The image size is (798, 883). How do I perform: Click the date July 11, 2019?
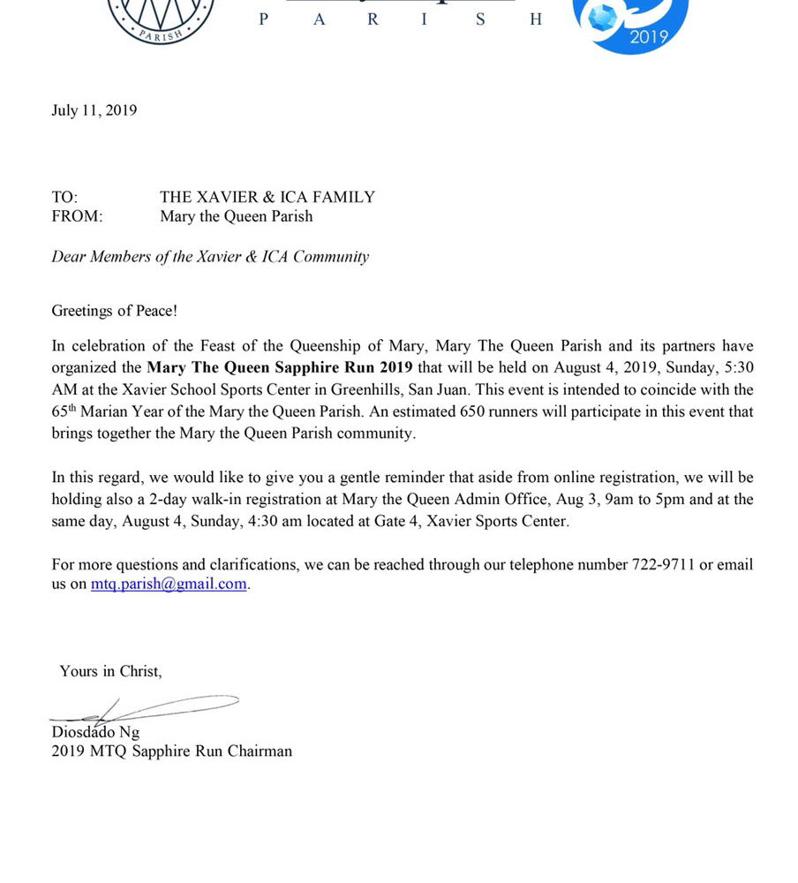pos(94,110)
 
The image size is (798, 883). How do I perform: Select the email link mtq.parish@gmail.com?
pos(169,584)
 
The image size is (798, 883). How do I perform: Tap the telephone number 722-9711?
pos(661,564)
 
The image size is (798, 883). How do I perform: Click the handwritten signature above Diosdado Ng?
pos(141,708)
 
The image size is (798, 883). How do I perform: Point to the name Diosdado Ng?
pos(95,732)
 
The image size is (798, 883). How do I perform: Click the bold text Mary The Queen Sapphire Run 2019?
pos(280,367)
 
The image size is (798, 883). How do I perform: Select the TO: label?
pos(64,197)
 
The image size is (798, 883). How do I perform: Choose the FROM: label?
pos(77,216)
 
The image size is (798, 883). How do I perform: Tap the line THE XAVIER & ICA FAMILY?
pos(267,197)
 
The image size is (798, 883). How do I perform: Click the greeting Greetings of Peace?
pos(115,311)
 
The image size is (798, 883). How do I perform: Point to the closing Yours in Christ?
pos(110,671)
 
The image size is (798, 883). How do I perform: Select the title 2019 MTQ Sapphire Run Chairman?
pos(171,751)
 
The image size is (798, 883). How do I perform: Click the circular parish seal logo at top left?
pos(161,18)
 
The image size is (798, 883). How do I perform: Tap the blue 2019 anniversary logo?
pos(630,22)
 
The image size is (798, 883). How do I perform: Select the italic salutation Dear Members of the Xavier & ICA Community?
pos(210,257)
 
